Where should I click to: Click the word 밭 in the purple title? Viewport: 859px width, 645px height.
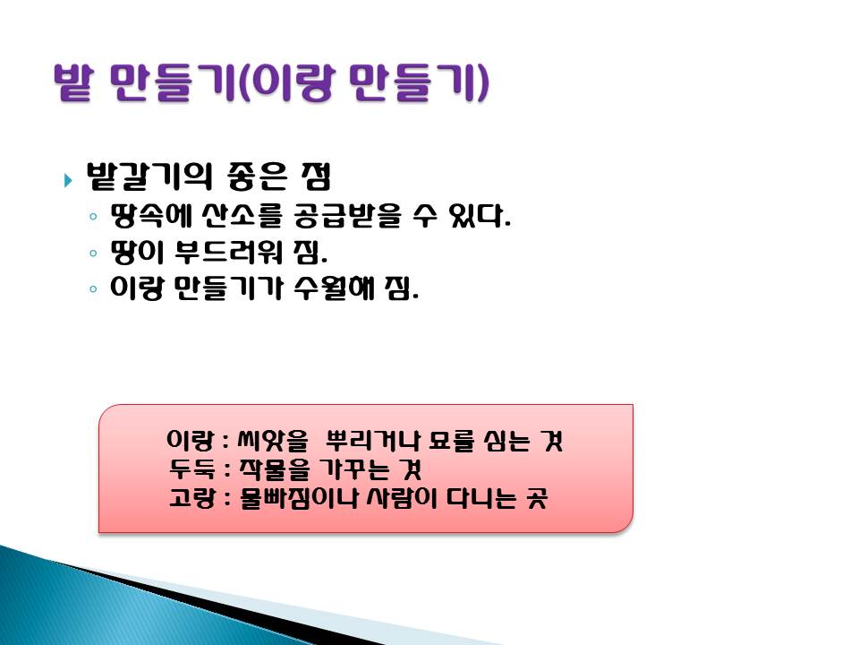(72, 82)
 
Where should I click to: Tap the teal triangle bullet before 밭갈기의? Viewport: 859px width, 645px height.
(68, 180)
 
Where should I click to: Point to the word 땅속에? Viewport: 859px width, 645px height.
(150, 216)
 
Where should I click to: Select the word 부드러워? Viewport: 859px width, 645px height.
(228, 252)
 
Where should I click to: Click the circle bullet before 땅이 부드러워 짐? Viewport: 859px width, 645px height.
(93, 253)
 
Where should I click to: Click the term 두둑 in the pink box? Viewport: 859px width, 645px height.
(191, 469)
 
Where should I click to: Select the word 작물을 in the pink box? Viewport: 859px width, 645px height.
(274, 469)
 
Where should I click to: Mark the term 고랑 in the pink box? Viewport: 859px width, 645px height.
(191, 498)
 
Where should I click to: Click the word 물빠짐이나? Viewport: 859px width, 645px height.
(299, 498)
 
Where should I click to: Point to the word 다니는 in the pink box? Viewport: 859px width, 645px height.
(481, 498)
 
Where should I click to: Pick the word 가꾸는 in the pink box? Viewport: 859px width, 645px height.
(353, 469)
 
